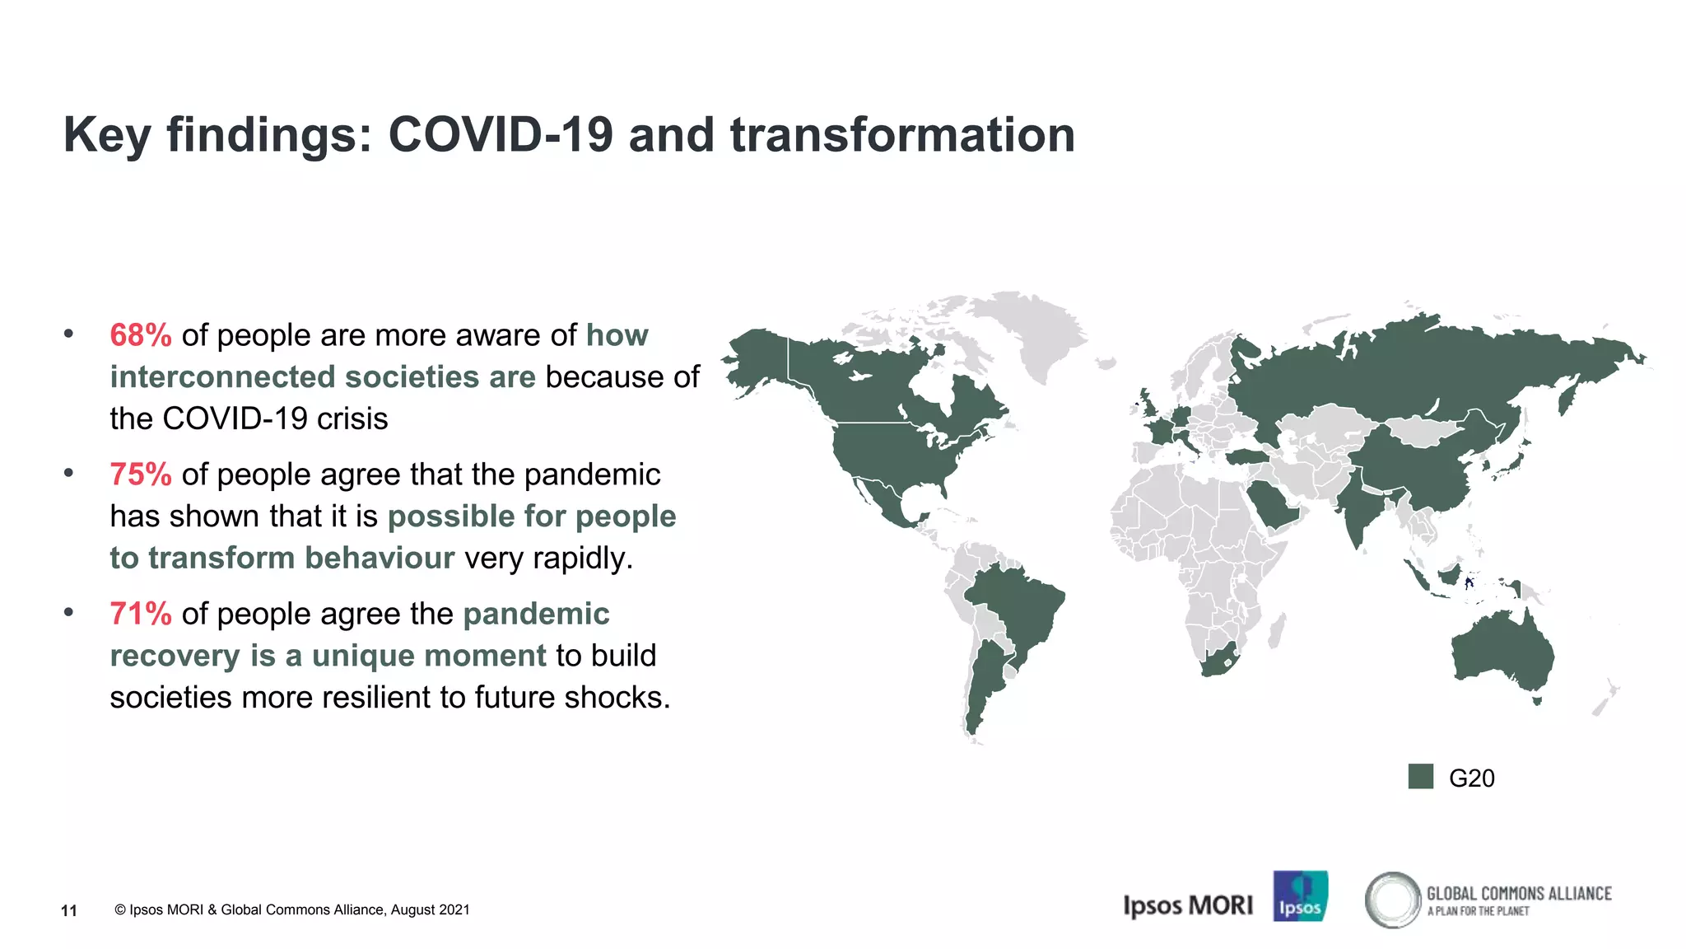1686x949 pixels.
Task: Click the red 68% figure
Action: pos(141,335)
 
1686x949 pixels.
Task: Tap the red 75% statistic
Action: pos(141,474)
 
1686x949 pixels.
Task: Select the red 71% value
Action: pos(141,614)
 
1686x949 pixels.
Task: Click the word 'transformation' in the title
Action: pos(902,134)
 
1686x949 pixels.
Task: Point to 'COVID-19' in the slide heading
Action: pos(501,134)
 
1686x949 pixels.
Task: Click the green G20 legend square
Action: pos(1420,777)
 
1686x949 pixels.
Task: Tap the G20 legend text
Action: pos(1471,778)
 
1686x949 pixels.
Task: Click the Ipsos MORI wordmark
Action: pos(1188,905)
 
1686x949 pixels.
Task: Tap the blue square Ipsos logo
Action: pos(1300,896)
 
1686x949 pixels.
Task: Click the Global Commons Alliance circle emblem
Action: pos(1392,900)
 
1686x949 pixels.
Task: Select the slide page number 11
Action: pos(69,910)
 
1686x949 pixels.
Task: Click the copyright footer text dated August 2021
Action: pos(292,909)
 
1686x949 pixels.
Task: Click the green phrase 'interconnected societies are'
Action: pos(323,377)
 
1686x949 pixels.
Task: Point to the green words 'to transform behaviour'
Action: pos(282,559)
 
